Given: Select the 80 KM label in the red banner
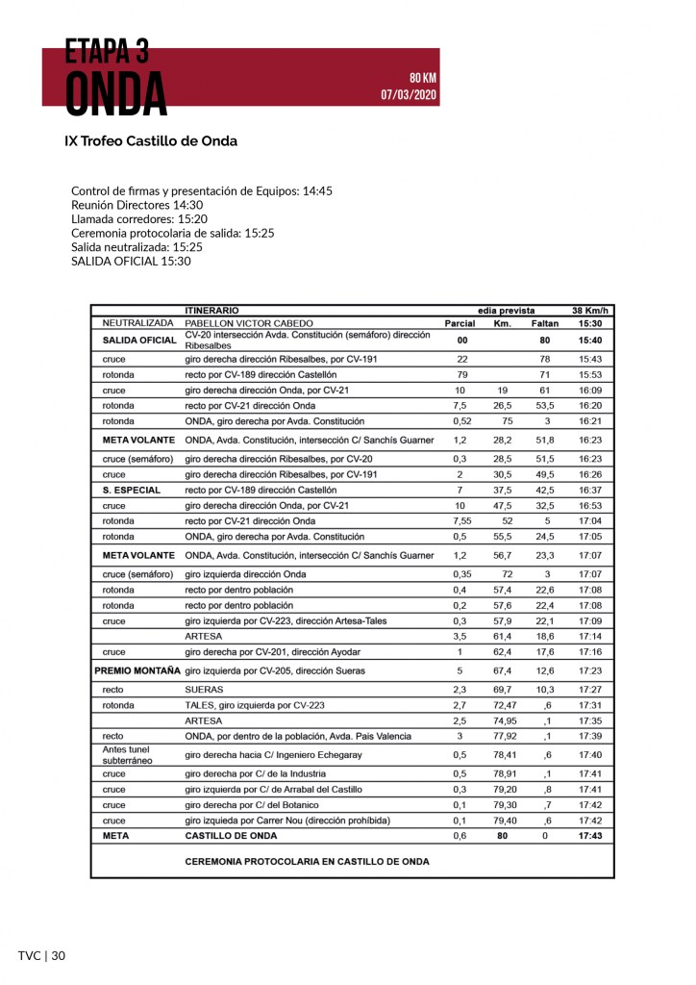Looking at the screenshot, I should click(x=422, y=78).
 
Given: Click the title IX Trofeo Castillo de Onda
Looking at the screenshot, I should click(x=151, y=140).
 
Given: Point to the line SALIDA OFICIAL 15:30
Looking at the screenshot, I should click(x=131, y=261).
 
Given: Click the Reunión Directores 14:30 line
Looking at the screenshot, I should click(x=137, y=205).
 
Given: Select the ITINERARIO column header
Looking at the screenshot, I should click(x=211, y=311).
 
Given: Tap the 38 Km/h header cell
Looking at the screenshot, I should click(x=589, y=311).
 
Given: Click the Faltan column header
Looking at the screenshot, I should click(x=545, y=323).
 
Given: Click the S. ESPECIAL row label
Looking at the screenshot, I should click(x=131, y=490).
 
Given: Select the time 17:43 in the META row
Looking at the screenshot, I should click(x=589, y=836).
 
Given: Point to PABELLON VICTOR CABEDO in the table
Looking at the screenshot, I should click(x=249, y=323).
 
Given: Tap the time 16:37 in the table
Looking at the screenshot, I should click(x=589, y=490).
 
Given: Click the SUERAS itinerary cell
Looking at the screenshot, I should click(x=204, y=690).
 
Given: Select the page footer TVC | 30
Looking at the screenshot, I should click(x=41, y=955).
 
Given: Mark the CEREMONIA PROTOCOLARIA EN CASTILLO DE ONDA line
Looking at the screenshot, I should click(x=307, y=862).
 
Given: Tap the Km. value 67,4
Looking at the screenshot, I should click(x=502, y=669).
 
